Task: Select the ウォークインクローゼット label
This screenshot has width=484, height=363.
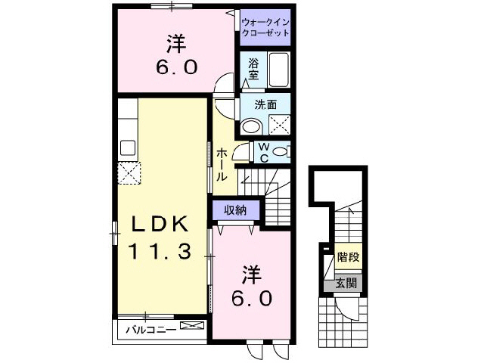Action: pos(265,28)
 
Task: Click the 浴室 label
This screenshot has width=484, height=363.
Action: pos(253,69)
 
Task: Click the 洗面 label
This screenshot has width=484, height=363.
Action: pos(263,105)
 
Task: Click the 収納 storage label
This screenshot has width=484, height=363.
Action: pos(234,209)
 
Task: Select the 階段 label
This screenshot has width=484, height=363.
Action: pos(348,257)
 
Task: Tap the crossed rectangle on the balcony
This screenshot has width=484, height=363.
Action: pos(193,327)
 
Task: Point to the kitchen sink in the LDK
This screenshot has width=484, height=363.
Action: pos(127,146)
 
